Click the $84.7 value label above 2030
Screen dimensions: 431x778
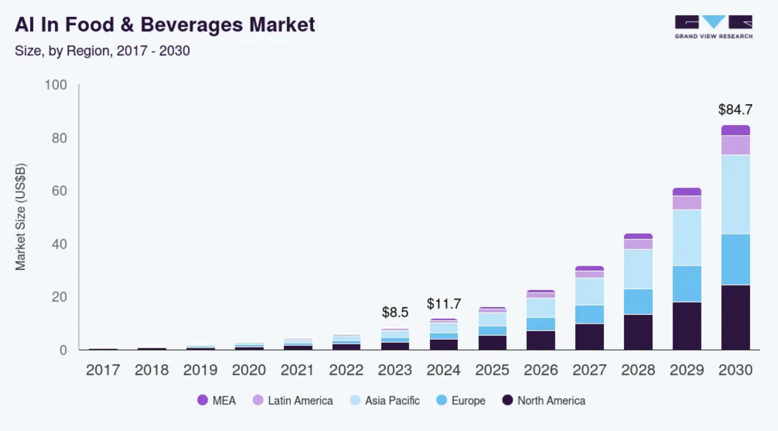(735, 110)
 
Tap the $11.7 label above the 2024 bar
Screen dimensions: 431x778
(444, 304)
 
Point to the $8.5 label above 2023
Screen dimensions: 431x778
(395, 312)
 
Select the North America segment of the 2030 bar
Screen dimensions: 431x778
(735, 317)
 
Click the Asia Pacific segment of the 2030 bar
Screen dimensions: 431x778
(735, 194)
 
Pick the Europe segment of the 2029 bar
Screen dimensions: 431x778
(687, 284)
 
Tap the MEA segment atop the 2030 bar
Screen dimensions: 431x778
(735, 130)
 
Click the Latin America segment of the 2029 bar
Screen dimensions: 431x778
(687, 202)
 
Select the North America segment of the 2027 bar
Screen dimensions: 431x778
(589, 337)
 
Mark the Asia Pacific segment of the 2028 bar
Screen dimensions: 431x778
(638, 269)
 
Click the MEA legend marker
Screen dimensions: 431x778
(202, 400)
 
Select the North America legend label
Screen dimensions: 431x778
(551, 401)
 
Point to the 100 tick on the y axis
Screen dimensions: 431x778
(56, 85)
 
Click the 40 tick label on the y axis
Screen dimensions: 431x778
(59, 244)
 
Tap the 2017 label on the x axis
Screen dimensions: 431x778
(103, 370)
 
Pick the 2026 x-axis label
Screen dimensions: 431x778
(541, 370)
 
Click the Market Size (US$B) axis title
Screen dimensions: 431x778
(20, 217)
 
